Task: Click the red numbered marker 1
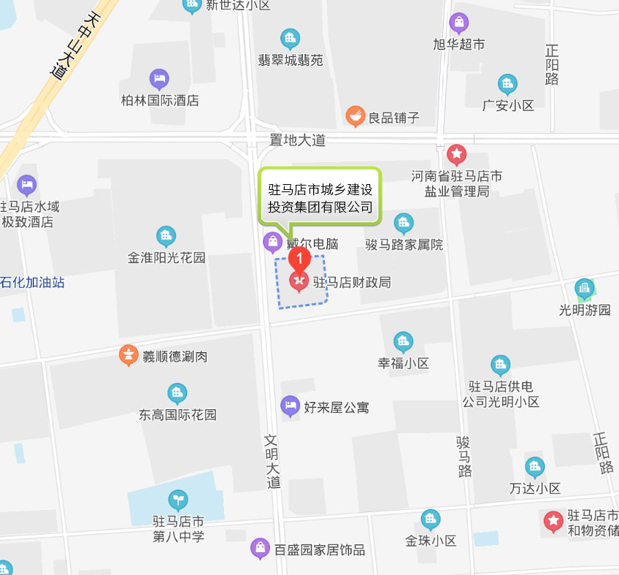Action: (x=299, y=259)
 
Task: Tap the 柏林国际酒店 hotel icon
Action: (x=159, y=79)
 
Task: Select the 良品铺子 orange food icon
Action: (x=355, y=115)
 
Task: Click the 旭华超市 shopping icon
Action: (x=459, y=23)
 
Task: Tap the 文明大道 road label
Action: (x=273, y=462)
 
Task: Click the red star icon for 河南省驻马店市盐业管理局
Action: (x=457, y=155)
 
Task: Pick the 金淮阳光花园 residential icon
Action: (x=166, y=237)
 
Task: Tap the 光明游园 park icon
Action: (x=584, y=289)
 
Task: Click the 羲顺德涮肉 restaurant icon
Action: (x=128, y=356)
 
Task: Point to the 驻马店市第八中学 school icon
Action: (x=178, y=500)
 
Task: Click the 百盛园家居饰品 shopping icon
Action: (x=260, y=549)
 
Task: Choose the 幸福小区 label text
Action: (x=403, y=363)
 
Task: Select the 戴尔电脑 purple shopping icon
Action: (x=272, y=242)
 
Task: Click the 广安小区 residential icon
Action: (x=508, y=85)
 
